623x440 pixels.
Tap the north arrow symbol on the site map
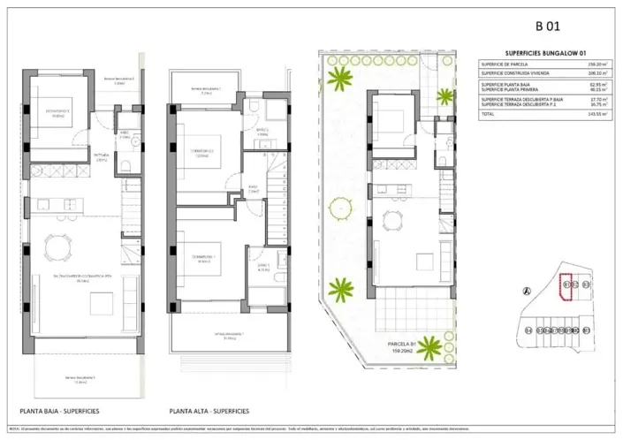[528, 292]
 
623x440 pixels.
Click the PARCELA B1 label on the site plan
[403, 344]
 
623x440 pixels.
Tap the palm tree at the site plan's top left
[338, 80]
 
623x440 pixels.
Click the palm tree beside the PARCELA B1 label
[340, 289]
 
